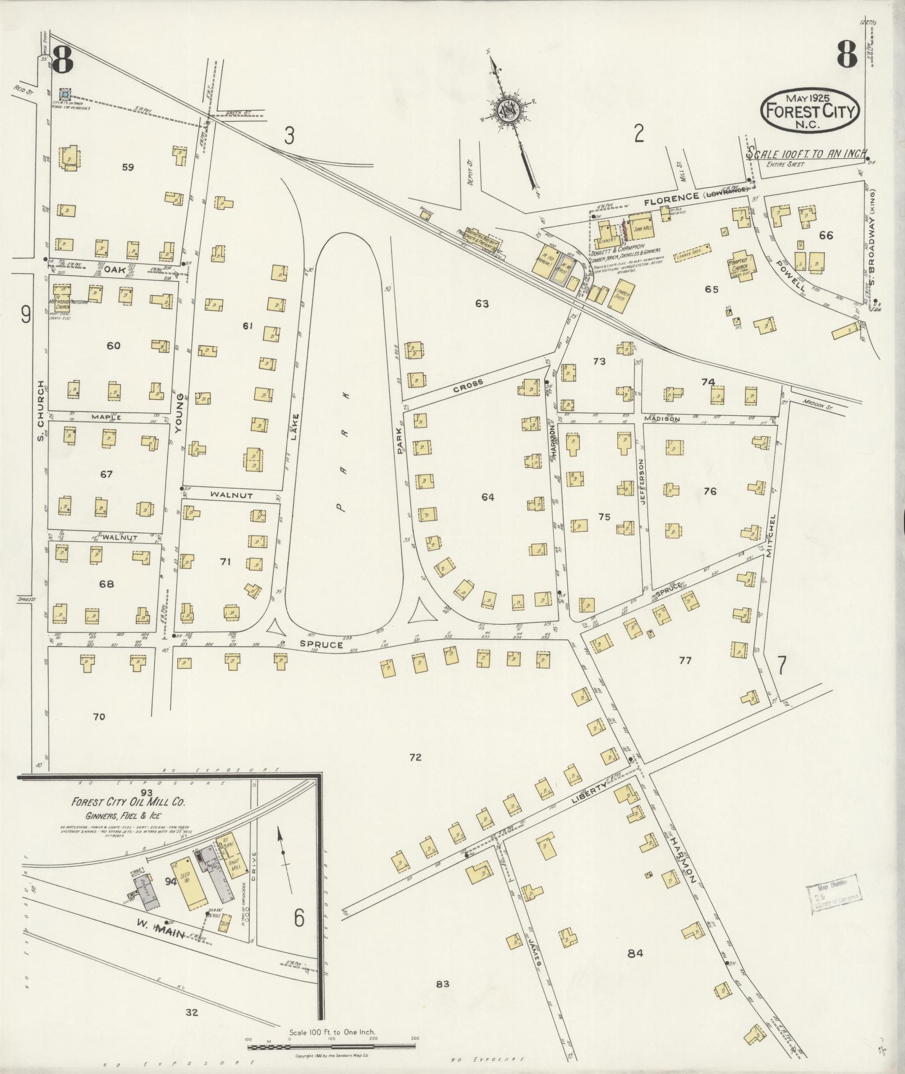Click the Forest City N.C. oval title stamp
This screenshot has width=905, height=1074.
808,110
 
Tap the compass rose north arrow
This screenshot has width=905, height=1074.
509,109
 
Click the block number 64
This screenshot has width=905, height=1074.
488,497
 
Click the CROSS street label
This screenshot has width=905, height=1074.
468,385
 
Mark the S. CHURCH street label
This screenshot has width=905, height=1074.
41,410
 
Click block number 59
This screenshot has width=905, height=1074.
128,167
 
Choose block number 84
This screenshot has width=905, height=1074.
635,953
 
